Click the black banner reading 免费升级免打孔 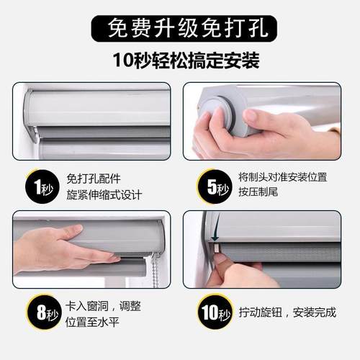coord(179,28)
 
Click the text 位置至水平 coord(96,321)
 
